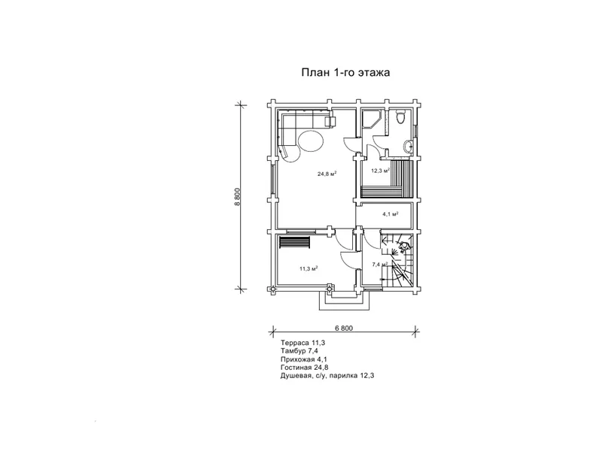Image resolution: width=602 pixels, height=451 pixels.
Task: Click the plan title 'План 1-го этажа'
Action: [345, 72]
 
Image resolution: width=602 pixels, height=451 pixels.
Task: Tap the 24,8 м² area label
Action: [327, 174]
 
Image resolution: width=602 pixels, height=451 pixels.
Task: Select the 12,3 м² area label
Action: [381, 171]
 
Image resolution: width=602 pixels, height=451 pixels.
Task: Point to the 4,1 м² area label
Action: [390, 214]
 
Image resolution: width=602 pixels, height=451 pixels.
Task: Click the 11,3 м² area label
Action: [309, 268]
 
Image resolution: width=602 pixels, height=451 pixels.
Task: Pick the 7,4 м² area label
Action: [380, 264]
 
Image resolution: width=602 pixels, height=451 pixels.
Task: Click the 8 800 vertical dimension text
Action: [237, 197]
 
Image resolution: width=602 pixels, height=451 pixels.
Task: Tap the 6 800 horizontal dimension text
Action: [344, 328]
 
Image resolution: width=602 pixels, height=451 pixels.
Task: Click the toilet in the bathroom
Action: [400, 117]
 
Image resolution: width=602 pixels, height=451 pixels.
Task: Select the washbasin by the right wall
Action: [409, 146]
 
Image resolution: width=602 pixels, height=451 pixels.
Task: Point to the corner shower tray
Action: [372, 119]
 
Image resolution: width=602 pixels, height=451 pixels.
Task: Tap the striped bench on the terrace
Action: [294, 243]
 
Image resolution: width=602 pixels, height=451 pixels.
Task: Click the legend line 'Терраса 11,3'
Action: [299, 343]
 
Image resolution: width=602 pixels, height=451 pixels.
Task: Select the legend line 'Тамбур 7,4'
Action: [299, 350]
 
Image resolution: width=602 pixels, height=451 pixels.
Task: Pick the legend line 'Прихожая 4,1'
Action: [304, 359]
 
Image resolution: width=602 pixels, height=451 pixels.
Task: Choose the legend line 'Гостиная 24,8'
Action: [305, 368]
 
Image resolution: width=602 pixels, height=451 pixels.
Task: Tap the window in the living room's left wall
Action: [273, 179]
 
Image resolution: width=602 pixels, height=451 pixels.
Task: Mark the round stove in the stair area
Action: [404, 247]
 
